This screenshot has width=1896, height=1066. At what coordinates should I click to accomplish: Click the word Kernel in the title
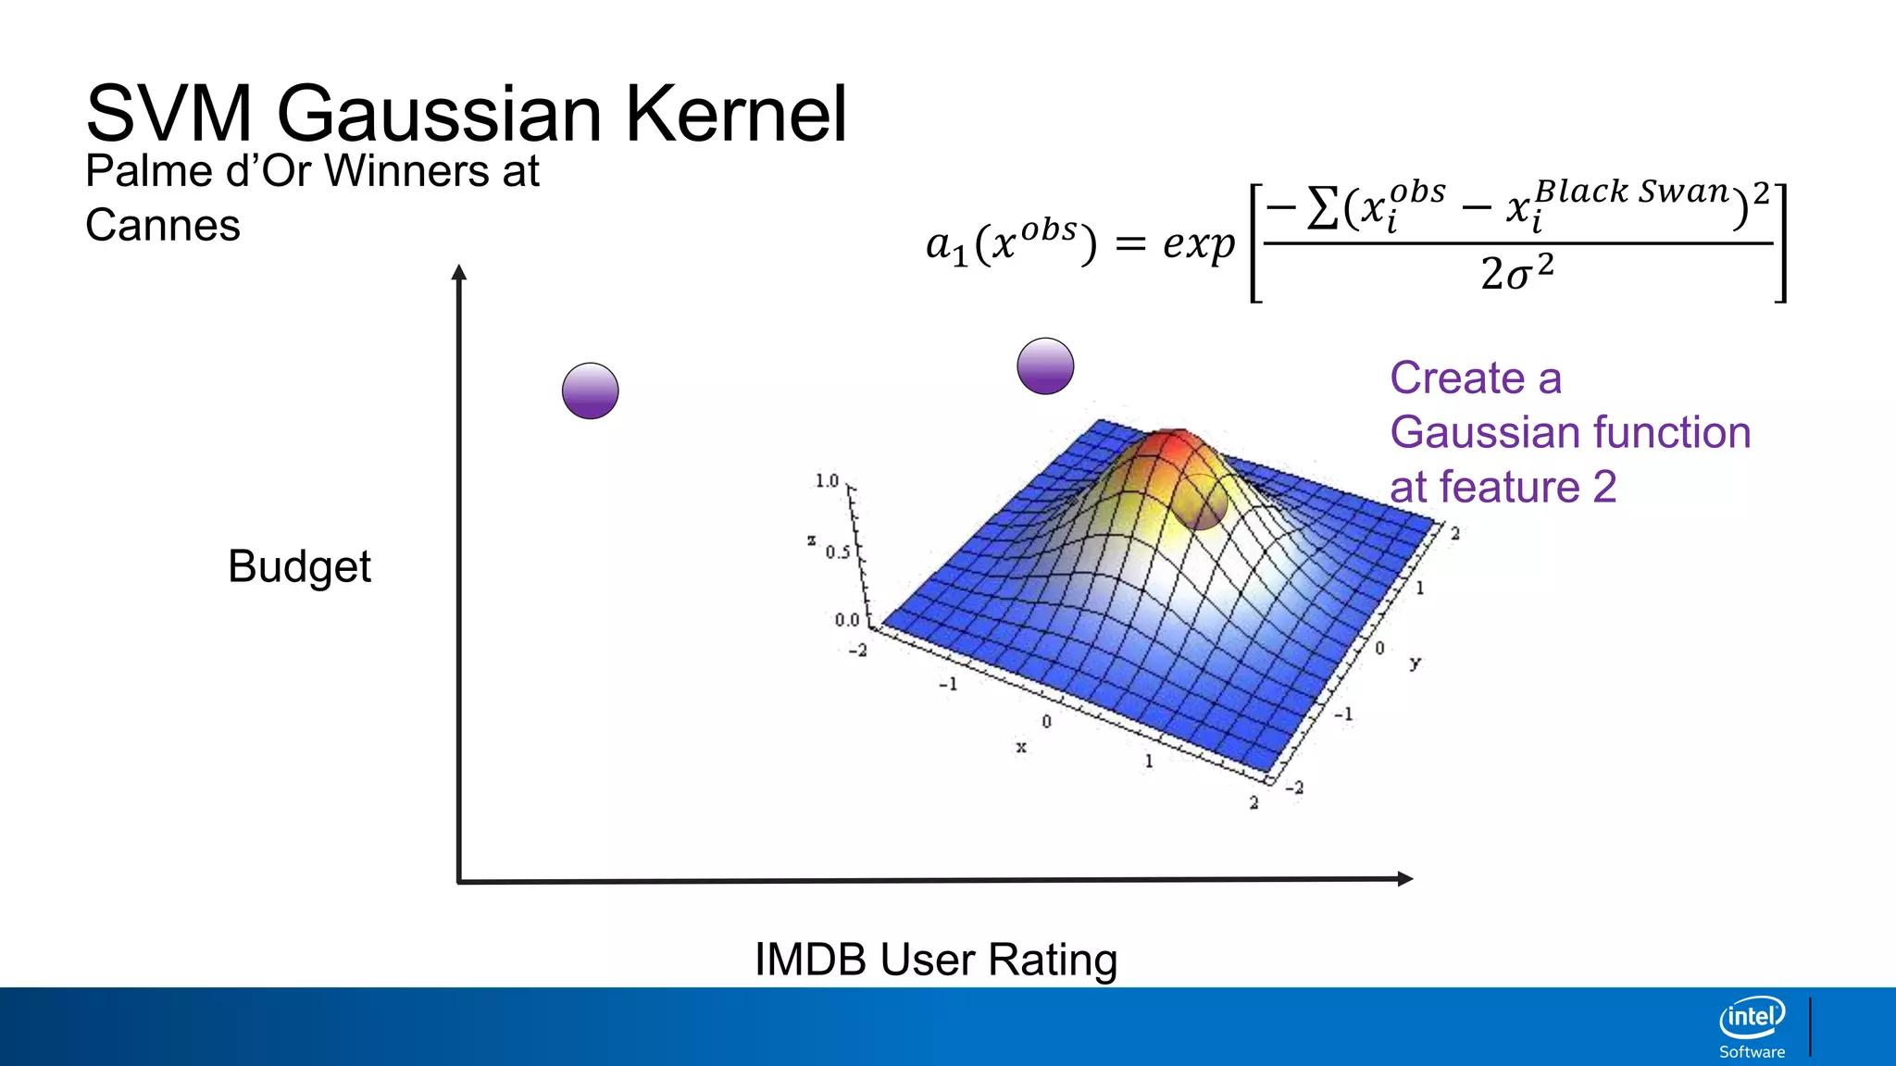736,115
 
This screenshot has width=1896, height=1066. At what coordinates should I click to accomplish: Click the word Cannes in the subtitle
163,225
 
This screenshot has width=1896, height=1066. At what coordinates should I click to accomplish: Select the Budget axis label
299,566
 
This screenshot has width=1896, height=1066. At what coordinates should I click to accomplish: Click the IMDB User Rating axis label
936,960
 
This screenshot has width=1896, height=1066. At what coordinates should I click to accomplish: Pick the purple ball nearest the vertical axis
591,390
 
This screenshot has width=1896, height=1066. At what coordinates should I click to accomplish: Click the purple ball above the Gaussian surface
1045,366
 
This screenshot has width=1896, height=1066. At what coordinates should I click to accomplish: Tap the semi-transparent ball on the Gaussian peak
1201,502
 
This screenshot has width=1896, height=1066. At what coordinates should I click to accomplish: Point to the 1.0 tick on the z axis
827,480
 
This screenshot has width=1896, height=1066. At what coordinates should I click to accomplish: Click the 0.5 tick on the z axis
837,552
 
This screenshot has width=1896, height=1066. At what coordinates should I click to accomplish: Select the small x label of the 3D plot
1021,747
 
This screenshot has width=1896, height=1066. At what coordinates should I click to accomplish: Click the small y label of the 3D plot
1415,663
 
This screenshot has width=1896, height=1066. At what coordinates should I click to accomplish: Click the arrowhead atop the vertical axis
458,272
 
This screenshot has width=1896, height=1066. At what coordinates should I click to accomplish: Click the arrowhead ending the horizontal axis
1404,879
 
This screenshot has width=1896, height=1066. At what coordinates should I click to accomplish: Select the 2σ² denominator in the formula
1516,273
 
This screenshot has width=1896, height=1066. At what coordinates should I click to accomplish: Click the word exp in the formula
1199,244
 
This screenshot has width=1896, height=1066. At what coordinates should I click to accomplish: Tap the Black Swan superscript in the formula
1632,192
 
